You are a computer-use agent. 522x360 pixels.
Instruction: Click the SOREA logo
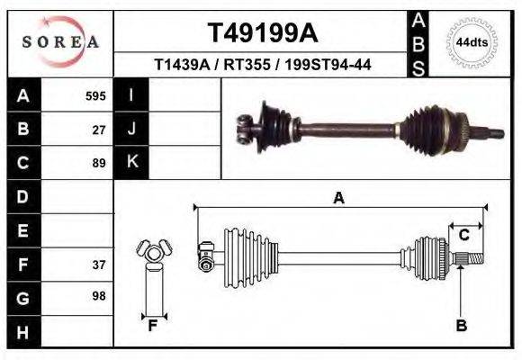click(60, 42)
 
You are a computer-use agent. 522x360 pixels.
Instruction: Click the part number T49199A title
click(263, 34)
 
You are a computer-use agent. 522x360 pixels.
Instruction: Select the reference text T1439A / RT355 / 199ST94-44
click(263, 65)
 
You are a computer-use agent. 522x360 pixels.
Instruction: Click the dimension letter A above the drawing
click(339, 198)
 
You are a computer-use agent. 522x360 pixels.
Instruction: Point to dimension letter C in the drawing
click(463, 236)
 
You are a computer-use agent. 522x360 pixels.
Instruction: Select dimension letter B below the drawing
click(461, 326)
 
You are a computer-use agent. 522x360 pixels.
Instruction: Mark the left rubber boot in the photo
click(269, 127)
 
